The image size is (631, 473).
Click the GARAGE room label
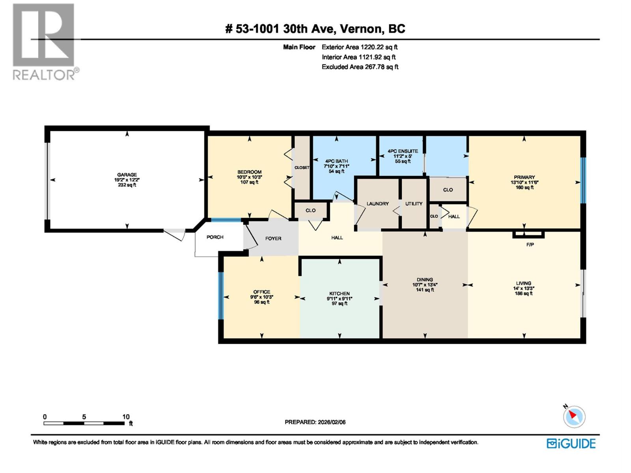pos(127,175)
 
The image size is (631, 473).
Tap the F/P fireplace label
pos(530,245)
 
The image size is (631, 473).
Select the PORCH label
pos(215,237)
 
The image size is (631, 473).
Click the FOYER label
pos(273,238)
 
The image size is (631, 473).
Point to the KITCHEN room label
pos(339,294)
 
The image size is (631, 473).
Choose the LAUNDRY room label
pos(377,204)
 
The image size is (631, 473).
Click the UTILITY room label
pos(414,204)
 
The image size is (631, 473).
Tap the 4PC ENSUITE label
pos(403,151)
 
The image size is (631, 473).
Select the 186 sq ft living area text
pos(524,293)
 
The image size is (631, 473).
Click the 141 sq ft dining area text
pos(425,290)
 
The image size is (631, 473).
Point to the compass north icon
pos(574,416)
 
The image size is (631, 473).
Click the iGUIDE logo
pos(571,443)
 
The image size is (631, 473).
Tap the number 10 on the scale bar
pos(125,417)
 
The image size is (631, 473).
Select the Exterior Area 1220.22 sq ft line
pos(359,47)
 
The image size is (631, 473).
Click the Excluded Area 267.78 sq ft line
pos(360,67)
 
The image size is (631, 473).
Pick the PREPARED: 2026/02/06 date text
pos(315,422)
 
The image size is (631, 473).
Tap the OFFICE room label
pos(261,292)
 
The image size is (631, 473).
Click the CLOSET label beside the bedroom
pos(302,168)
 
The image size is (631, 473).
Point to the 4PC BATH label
pos(336,161)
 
